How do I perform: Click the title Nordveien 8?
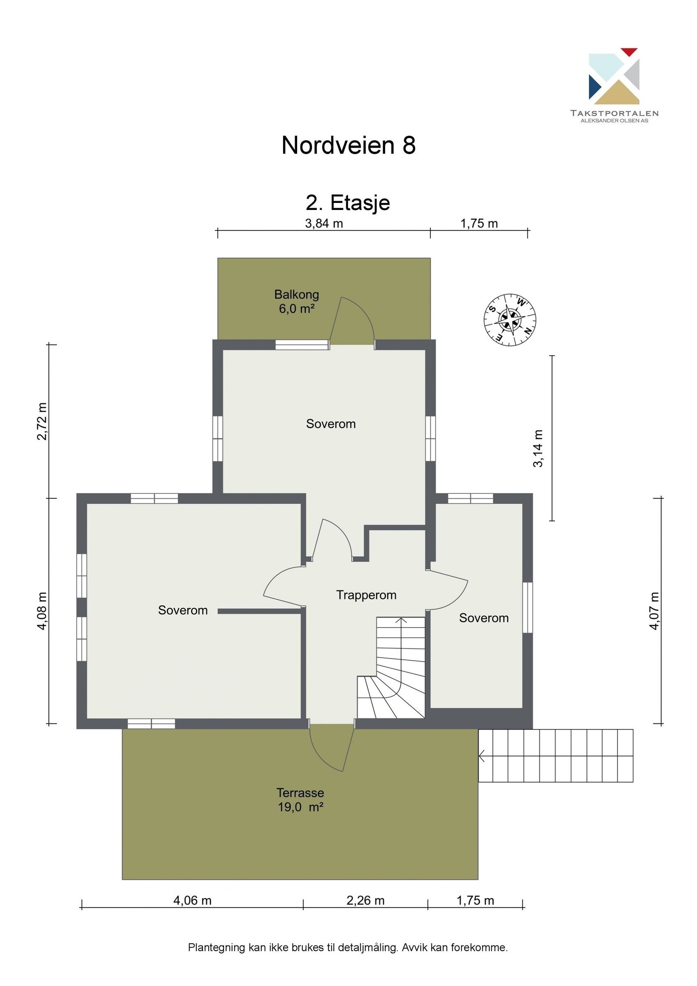pos(348,145)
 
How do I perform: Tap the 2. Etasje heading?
pos(348,203)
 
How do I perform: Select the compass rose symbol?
pos(510,320)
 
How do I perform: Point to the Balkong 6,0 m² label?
pos(297,301)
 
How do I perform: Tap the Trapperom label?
pos(366,595)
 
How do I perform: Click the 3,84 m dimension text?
pos(324,223)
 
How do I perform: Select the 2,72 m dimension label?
pos(42,421)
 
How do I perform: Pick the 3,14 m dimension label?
pos(538,449)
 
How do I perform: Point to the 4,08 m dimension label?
pos(42,611)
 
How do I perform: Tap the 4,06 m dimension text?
pos(193,900)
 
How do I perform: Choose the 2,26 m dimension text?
pos(365,900)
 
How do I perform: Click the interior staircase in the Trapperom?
pos(391,667)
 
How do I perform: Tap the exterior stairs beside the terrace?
pos(556,756)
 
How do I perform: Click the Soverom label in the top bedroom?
pos(331,424)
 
